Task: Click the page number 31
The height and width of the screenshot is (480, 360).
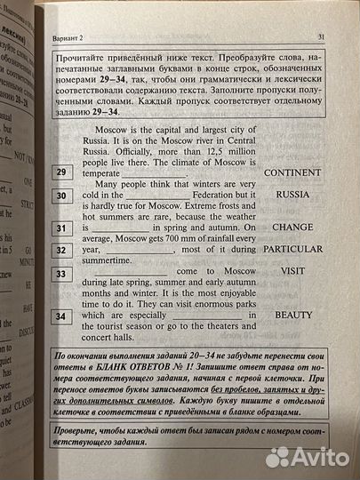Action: (x=319, y=36)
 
